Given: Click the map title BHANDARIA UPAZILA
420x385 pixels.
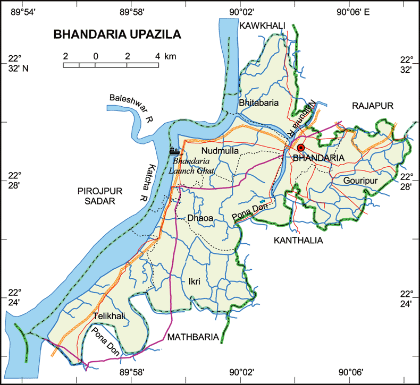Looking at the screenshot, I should click(x=117, y=35).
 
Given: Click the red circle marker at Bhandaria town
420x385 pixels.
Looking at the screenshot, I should click(x=301, y=148).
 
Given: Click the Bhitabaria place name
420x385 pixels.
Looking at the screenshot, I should click(x=259, y=103).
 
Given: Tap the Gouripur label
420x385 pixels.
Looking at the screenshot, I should click(x=360, y=181).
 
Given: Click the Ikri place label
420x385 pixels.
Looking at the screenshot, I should click(x=194, y=281).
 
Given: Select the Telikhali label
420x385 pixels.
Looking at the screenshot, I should click(x=110, y=316).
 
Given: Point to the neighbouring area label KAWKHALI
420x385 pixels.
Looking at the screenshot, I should click(x=262, y=25).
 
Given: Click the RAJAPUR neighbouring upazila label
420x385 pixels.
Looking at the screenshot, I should click(x=373, y=106).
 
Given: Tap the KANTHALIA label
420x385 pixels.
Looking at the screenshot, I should click(x=298, y=241).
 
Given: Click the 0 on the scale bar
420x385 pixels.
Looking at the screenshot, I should click(x=96, y=56).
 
